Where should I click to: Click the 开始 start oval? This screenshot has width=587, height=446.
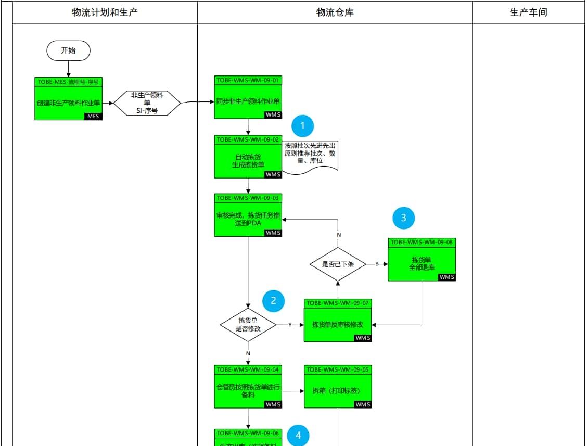click(x=68, y=50)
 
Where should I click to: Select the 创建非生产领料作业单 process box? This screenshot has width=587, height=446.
click(x=68, y=103)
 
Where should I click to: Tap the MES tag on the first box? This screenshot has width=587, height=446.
click(x=93, y=117)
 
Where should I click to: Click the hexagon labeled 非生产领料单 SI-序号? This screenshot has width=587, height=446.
click(x=147, y=103)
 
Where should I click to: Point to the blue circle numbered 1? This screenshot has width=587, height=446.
click(x=303, y=125)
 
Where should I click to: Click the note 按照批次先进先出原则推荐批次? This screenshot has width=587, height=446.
click(x=310, y=154)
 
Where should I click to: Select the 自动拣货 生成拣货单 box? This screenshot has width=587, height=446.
click(x=248, y=161)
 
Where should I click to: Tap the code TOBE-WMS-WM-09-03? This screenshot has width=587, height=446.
click(x=248, y=198)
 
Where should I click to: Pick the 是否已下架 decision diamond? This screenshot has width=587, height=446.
click(x=338, y=264)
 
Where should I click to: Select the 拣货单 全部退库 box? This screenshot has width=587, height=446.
click(x=422, y=263)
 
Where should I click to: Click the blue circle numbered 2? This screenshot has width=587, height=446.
click(x=274, y=300)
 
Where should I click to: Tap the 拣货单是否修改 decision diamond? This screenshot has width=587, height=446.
click(x=248, y=325)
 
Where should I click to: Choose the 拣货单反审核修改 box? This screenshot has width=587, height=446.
click(x=338, y=324)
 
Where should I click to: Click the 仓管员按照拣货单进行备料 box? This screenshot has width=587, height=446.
click(x=248, y=391)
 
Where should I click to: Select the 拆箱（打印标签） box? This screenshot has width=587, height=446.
click(x=338, y=390)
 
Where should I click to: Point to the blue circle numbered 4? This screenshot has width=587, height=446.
click(x=298, y=436)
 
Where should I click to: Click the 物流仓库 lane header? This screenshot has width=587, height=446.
click(x=335, y=12)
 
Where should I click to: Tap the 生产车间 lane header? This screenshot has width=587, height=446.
click(x=528, y=12)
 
